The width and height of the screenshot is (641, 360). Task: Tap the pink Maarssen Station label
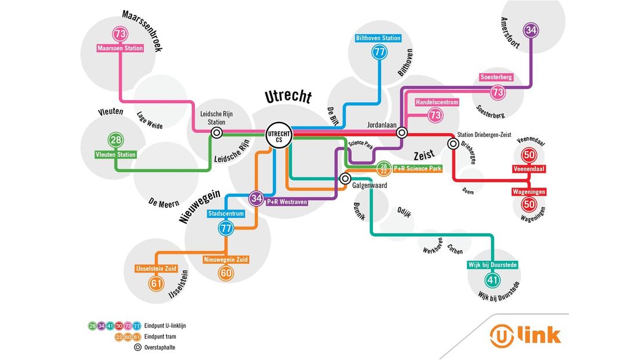[120, 48]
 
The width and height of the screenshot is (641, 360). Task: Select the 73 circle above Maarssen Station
[120, 34]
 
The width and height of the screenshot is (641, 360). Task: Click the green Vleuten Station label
[116, 154]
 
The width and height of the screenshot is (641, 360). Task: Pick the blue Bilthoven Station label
[379, 38]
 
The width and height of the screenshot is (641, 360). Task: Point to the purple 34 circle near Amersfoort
[531, 30]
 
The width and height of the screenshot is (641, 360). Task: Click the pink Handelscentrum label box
[437, 102]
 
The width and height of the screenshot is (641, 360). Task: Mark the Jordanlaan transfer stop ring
[401, 133]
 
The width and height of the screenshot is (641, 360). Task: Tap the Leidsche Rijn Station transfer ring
[217, 133]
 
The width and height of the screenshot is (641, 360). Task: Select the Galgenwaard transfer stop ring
[345, 178]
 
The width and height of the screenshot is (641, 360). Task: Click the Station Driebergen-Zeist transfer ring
[452, 143]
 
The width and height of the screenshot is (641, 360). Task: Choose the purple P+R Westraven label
[287, 202]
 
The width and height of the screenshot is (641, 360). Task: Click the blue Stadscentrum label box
[226, 214]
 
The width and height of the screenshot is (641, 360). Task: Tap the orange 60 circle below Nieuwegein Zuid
[226, 273]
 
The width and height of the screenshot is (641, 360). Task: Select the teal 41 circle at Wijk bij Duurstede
[492, 280]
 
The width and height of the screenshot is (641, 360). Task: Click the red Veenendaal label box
[529, 169]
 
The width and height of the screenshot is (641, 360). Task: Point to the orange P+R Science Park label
[417, 168]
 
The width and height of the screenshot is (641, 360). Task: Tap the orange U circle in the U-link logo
[501, 336]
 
